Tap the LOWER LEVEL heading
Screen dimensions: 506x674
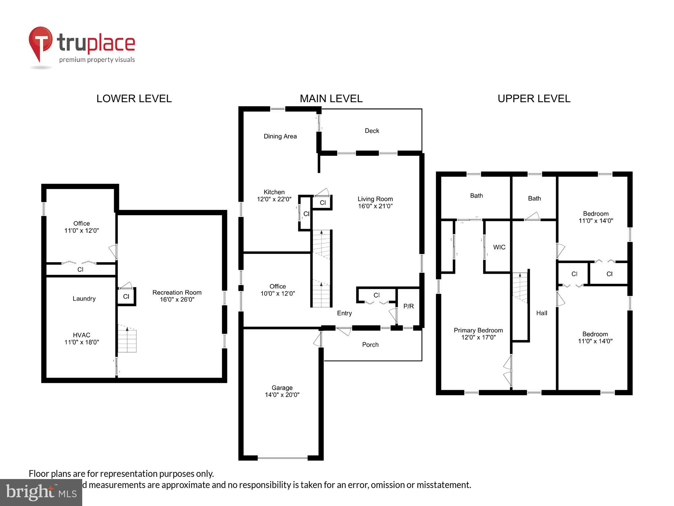(x=134, y=99)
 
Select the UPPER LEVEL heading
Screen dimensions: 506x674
(x=534, y=99)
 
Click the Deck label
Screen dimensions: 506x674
(x=372, y=131)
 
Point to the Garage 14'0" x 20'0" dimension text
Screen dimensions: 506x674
(x=282, y=395)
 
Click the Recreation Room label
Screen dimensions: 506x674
(x=177, y=292)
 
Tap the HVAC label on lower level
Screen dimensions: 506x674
(x=82, y=335)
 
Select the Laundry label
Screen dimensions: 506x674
(x=84, y=299)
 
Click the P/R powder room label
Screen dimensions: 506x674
(x=408, y=306)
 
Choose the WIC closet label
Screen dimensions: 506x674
(x=499, y=247)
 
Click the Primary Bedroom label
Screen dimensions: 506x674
(x=478, y=330)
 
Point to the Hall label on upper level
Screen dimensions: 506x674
(x=542, y=313)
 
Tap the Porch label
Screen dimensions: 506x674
(x=370, y=345)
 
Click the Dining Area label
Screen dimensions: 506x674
(x=280, y=136)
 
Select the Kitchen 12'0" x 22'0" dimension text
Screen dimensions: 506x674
(x=274, y=199)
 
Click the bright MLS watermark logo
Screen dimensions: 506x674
(x=41, y=493)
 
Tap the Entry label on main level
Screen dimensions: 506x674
(x=344, y=313)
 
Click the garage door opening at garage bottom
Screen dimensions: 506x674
(x=282, y=458)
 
